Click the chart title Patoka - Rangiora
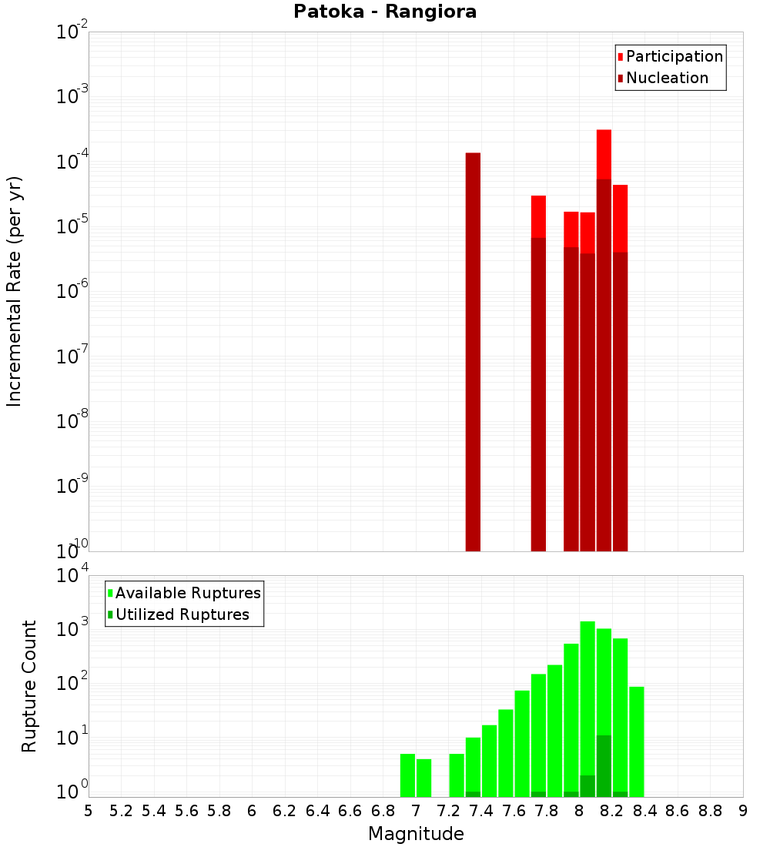[385, 12]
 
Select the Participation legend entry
[674, 57]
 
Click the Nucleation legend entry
[667, 79]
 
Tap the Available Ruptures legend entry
[187, 593]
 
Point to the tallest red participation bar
[604, 154]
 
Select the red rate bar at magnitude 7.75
[538, 216]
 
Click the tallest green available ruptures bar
[588, 708]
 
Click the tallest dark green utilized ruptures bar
[604, 766]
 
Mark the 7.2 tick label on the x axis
[448, 812]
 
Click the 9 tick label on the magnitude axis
[743, 812]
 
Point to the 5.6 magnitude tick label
[186, 812]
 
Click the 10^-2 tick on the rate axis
[71, 32]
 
